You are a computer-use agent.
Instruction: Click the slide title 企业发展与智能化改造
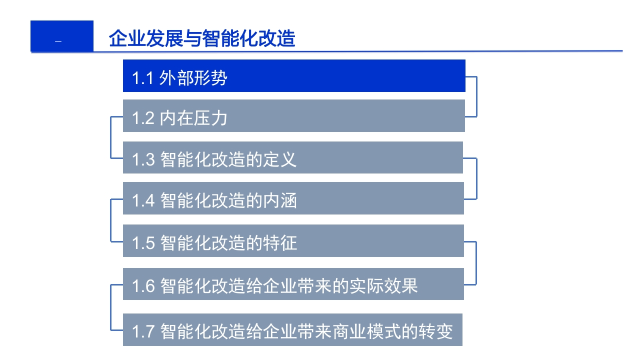coord(202,38)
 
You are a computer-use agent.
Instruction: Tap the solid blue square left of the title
coord(62,36)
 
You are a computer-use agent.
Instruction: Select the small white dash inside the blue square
coord(58,41)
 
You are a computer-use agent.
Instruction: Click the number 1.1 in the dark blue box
coord(142,78)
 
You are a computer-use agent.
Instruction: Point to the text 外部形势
coord(193,78)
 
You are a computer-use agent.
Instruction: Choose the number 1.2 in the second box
coord(143,118)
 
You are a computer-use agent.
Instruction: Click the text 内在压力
coord(193,118)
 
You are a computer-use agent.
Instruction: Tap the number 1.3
coord(143,159)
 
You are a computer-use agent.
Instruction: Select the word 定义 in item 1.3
coord(279,159)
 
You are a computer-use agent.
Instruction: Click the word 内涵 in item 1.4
coord(279,200)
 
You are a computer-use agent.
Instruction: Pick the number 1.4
coord(143,201)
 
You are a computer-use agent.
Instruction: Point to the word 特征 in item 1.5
coord(279,243)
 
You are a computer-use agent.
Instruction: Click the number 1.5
coord(143,243)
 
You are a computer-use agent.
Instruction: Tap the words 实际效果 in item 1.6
coord(383,285)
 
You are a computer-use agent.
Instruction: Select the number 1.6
coord(143,286)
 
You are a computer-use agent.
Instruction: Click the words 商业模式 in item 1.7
coord(366,331)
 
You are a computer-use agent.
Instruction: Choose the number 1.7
coord(143,331)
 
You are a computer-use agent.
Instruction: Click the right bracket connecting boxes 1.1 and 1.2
coord(476,96)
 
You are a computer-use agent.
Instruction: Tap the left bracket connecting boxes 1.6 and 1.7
coord(111,307)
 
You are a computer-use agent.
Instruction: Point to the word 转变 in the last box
coord(435,331)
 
